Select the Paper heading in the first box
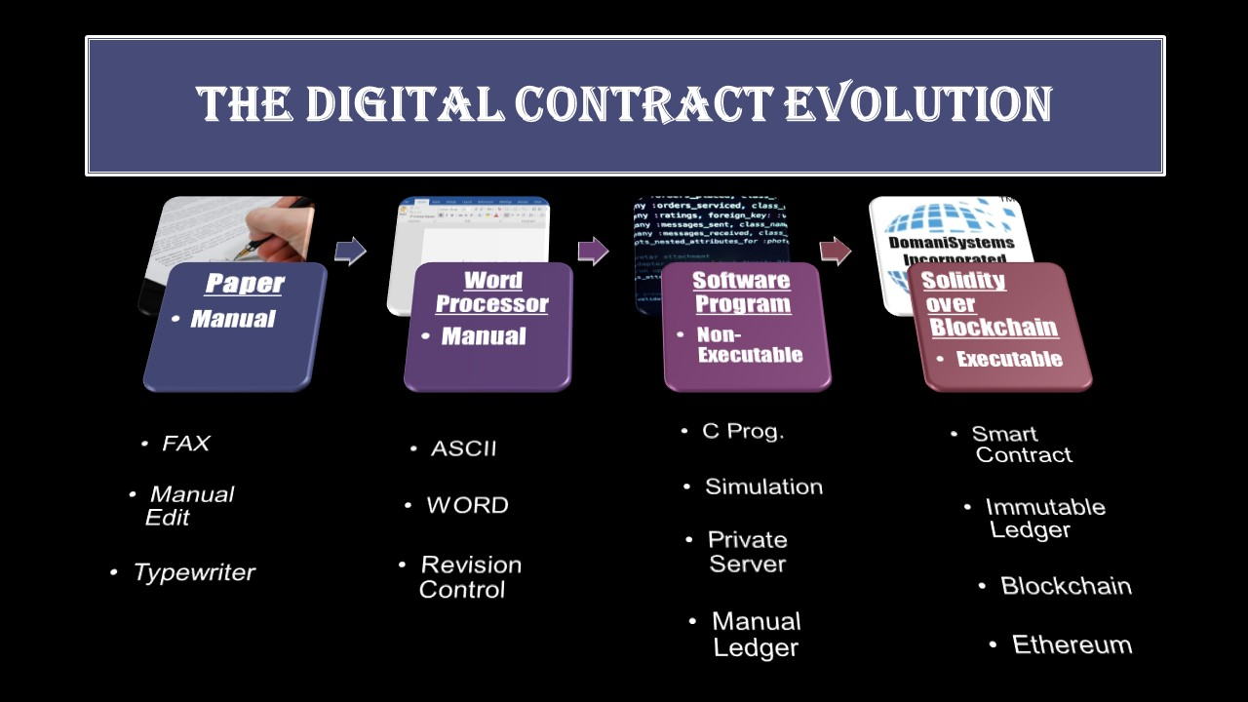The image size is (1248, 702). click(244, 284)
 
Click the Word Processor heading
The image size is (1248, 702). click(491, 292)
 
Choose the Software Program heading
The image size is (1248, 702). click(741, 292)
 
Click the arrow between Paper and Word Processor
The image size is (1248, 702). click(350, 252)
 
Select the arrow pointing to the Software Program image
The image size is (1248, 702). click(593, 252)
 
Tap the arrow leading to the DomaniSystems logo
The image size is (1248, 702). click(835, 252)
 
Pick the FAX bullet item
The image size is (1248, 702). click(185, 444)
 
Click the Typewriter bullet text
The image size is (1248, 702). click(193, 572)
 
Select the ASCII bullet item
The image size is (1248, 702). click(463, 448)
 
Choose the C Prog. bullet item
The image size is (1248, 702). click(742, 431)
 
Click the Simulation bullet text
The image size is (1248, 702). click(763, 487)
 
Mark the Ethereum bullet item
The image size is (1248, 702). click(1071, 644)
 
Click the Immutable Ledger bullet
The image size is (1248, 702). click(1043, 518)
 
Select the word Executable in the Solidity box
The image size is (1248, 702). click(1008, 359)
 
